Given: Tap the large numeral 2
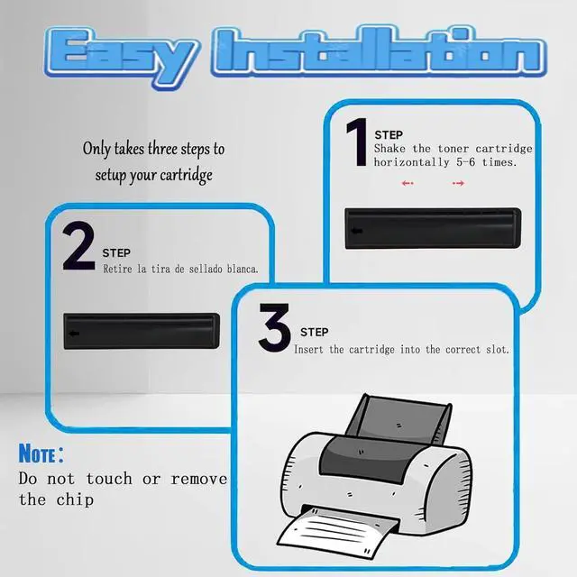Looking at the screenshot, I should point(79,247).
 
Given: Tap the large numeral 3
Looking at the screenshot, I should point(275,329).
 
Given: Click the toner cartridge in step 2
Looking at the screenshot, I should point(142,334).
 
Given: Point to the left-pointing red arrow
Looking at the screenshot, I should point(408,183).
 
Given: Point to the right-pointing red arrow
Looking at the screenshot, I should point(458,183).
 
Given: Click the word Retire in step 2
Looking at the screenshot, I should point(121,269).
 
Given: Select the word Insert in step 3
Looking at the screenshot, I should point(312,349).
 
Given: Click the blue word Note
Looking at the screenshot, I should point(39,453).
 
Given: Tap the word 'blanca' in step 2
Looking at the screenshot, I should point(237,269).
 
